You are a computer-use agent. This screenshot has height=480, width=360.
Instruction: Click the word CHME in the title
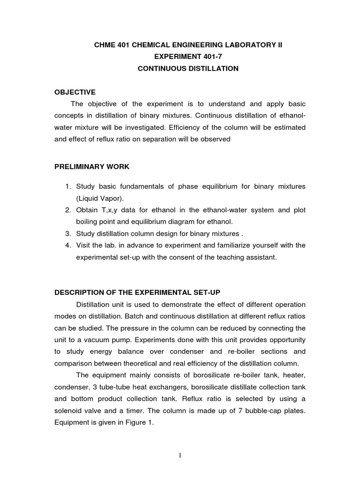point(102,45)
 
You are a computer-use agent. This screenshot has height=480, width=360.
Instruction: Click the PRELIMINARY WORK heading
point(92,166)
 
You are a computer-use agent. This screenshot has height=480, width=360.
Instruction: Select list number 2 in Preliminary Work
point(68,210)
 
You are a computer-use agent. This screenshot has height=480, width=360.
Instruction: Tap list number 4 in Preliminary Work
point(68,245)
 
